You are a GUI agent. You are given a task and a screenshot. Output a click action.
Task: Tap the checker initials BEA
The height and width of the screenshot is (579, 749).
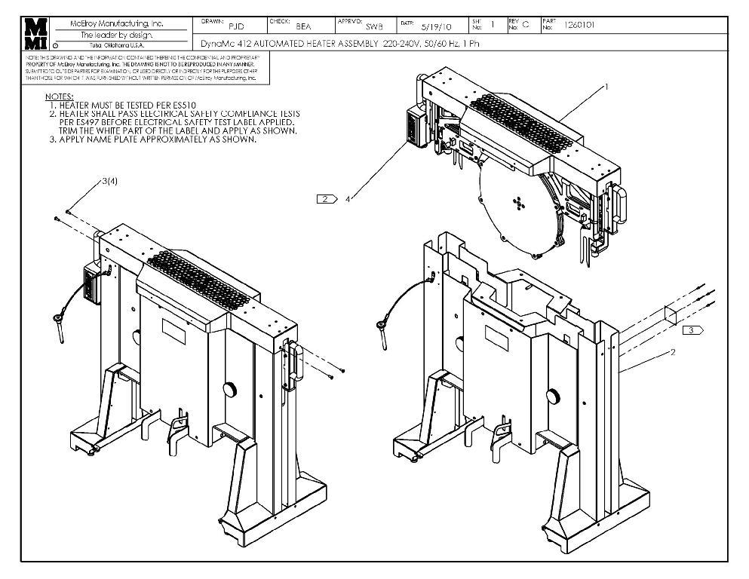[x=303, y=26]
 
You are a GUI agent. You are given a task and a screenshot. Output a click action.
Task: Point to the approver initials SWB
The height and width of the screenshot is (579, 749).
[x=374, y=26]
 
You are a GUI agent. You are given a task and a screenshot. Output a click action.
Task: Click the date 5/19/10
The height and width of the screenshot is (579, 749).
[x=435, y=26]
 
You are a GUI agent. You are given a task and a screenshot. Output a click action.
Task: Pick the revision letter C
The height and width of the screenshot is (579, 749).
[x=526, y=25]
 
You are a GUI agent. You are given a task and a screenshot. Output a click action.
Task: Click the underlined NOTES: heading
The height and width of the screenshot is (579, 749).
[x=59, y=96]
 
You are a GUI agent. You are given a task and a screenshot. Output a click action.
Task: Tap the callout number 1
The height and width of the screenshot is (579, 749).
[x=606, y=87]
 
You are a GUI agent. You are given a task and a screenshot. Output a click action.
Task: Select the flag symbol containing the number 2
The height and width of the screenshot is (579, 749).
[x=327, y=199]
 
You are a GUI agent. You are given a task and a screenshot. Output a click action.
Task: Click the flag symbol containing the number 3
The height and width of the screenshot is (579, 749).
[x=692, y=330]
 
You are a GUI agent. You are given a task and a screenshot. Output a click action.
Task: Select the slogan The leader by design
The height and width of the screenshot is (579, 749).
[x=116, y=35]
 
